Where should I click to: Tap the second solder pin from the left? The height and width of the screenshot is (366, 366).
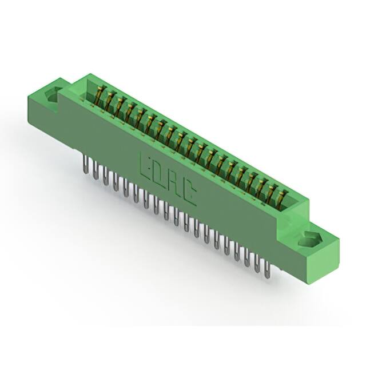click(x=96, y=170)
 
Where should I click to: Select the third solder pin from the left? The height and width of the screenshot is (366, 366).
click(x=105, y=176)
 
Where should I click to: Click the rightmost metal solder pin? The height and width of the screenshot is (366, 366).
click(x=267, y=269)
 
